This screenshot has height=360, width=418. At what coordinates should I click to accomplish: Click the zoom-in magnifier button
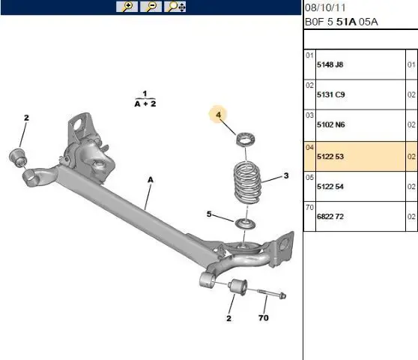(x=127, y=7)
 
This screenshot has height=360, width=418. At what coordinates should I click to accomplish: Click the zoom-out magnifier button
(x=151, y=7)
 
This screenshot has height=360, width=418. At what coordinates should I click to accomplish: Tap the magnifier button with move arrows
(x=175, y=7)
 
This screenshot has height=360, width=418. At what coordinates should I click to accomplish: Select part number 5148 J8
(x=330, y=64)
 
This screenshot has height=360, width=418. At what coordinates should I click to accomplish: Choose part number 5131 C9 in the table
(x=331, y=94)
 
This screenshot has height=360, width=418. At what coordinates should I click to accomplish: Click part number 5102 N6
(x=331, y=124)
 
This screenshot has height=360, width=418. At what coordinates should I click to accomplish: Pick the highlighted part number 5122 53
(x=330, y=157)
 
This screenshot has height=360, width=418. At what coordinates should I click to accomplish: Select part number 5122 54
(x=330, y=186)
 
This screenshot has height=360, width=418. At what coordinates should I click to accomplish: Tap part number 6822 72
(x=330, y=217)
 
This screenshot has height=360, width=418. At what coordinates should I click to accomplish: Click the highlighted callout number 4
(x=219, y=115)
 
